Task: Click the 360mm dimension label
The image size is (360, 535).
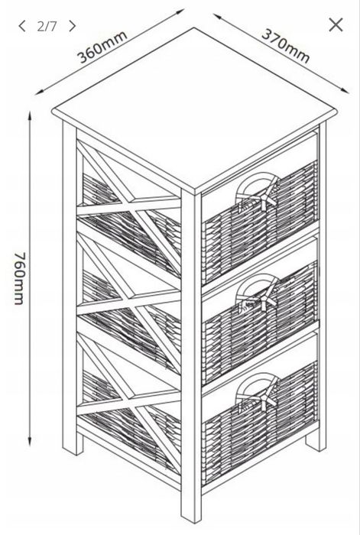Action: pos(102,47)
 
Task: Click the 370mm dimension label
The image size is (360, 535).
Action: pos(286,47)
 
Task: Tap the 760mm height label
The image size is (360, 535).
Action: pos(20,278)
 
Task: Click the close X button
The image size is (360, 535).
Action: pos(336,25)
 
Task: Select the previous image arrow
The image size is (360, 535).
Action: pos(22,26)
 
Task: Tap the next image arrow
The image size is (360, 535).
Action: pos(72,26)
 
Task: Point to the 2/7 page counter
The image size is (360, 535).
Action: pos(47,26)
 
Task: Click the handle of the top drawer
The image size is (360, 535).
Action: pos(258,192)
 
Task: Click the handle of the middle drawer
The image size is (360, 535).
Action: pos(258,293)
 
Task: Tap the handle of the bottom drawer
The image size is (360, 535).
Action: pos(258,392)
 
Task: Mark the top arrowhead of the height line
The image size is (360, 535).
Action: pos(30,116)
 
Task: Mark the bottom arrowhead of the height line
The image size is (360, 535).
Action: pos(30,441)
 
